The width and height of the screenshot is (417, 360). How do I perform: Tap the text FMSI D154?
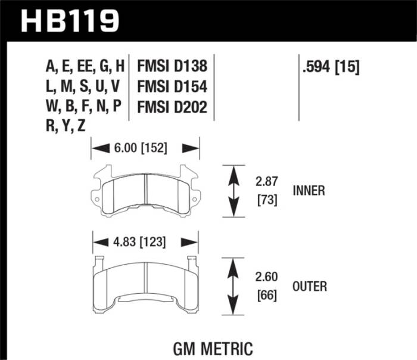(x=172, y=87)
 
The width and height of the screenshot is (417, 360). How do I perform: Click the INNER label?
(x=309, y=191)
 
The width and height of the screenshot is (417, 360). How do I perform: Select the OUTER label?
(x=309, y=287)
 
